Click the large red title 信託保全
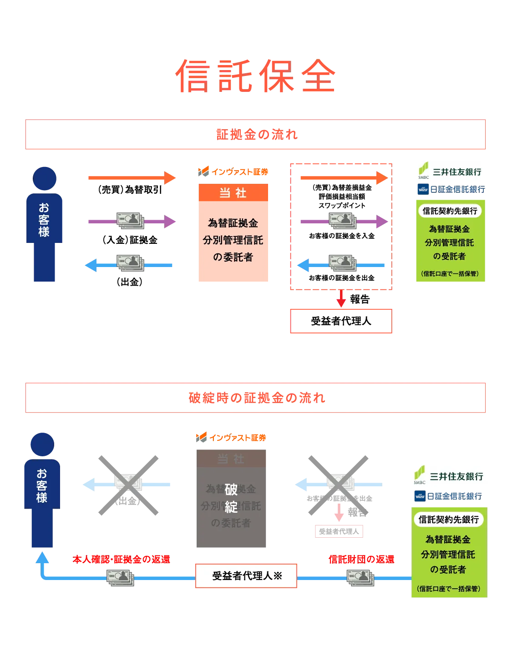(256, 76)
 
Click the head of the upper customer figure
(45, 178)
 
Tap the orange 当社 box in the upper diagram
(233, 233)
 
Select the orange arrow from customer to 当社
(132, 178)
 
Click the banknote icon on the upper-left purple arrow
(131, 221)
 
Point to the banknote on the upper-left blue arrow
(131, 263)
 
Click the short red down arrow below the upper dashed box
(341, 298)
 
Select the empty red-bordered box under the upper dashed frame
(340, 322)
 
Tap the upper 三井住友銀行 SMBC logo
(449, 172)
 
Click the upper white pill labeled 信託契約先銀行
(450, 211)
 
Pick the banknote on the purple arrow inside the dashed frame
(342, 221)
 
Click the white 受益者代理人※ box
(246, 576)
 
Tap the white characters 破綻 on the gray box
(231, 498)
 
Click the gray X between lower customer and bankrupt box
(129, 485)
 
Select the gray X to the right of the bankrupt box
(339, 485)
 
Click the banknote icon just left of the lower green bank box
(360, 578)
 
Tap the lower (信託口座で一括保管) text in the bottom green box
(449, 589)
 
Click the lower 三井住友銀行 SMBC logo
(447, 475)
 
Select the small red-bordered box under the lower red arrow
(339, 531)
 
